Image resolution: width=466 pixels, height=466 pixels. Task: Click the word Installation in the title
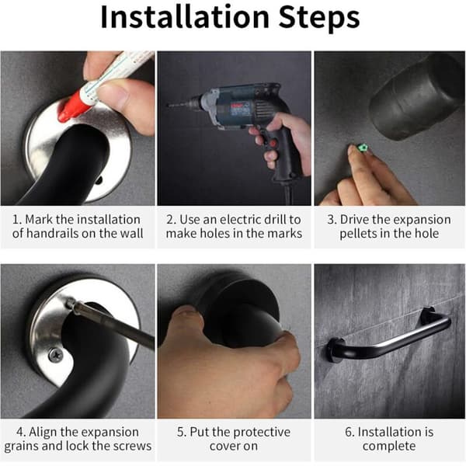[x=185, y=17]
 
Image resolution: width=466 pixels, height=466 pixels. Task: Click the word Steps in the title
[x=319, y=19]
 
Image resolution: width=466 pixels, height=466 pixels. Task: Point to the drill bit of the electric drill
[x=179, y=105]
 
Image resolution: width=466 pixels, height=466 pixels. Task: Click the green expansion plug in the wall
[x=362, y=148]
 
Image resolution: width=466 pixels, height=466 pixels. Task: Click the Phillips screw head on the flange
[x=56, y=355]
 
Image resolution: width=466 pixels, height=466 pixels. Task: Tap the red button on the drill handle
[x=273, y=144]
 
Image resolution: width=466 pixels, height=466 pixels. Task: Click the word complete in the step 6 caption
[x=389, y=447]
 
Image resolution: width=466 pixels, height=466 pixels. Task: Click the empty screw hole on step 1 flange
[x=100, y=179]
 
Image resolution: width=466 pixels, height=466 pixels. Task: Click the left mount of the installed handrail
[x=335, y=350]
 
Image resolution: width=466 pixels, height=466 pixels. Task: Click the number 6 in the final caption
[x=348, y=432]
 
